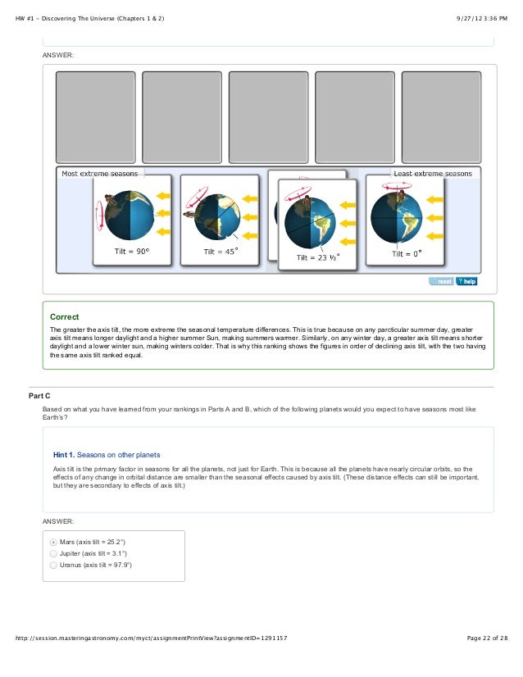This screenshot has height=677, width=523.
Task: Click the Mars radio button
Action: point(54,542)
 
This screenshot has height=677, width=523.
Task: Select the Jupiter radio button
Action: point(54,553)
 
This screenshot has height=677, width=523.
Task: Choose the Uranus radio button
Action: point(54,565)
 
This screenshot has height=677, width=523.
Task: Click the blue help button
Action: point(466,281)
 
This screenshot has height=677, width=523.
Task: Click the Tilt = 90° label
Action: point(131,252)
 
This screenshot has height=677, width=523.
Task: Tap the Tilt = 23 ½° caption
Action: point(318,257)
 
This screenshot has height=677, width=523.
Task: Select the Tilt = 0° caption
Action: point(406,253)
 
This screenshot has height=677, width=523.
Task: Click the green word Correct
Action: point(64,316)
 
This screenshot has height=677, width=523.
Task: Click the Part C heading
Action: point(41,396)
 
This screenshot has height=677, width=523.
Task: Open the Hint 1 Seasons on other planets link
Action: point(107,454)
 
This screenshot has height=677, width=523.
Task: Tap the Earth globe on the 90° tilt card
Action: point(130,215)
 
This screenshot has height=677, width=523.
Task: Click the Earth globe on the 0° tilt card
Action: point(396,215)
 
